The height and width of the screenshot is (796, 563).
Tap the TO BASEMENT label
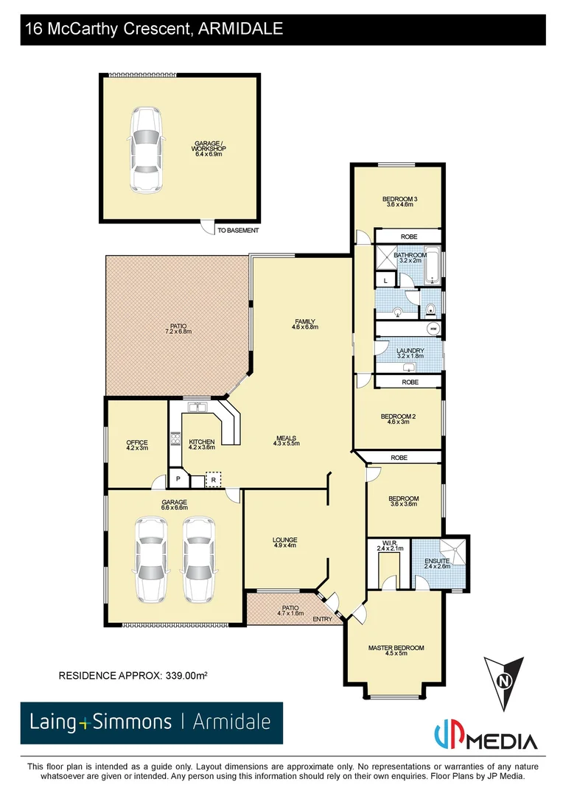tap(238, 231)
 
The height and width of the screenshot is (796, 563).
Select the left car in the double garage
tap(150, 559)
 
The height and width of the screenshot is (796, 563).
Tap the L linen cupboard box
tap(385, 280)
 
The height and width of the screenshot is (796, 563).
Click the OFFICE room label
tap(137, 443)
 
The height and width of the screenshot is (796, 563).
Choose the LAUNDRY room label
tap(410, 351)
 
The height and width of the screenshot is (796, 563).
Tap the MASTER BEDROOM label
tap(396, 648)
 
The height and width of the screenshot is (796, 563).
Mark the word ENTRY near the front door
tap(322, 619)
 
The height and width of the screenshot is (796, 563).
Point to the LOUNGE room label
tap(284, 540)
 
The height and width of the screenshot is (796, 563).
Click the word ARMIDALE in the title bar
tap(240, 29)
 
